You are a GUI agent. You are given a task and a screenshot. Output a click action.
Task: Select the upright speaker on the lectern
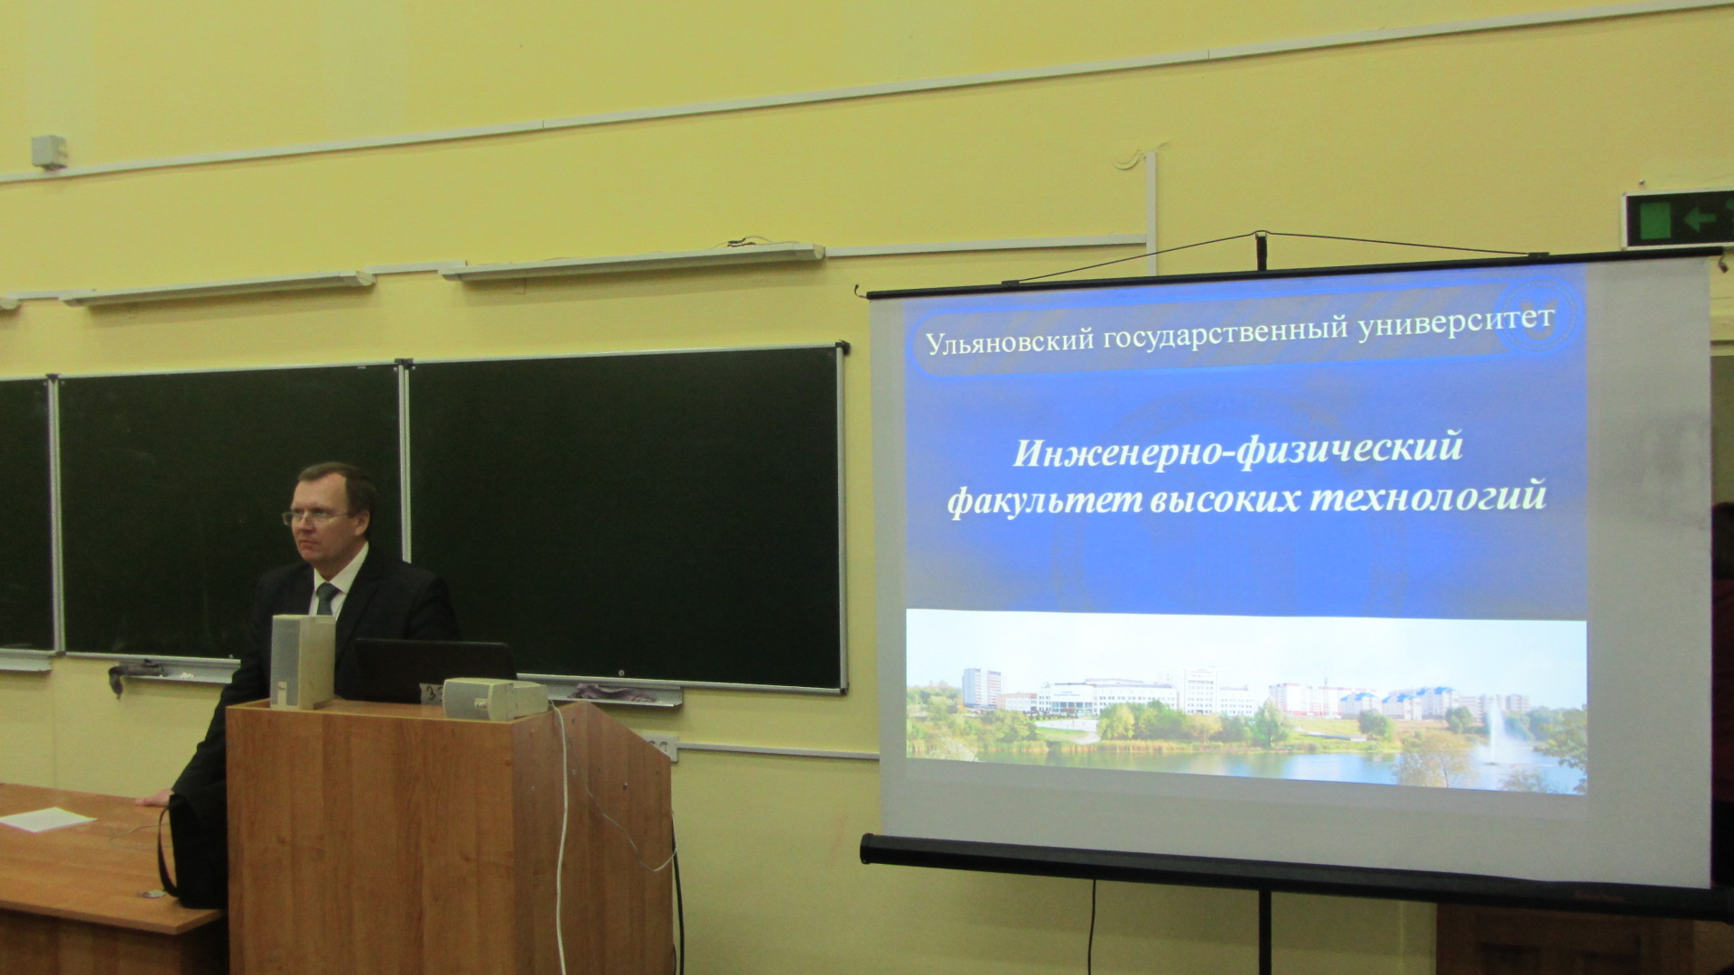302,661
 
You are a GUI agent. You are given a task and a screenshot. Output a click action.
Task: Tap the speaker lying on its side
495,698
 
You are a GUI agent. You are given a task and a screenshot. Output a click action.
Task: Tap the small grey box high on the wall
50,152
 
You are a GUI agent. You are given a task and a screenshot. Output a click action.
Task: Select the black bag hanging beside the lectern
191,853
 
